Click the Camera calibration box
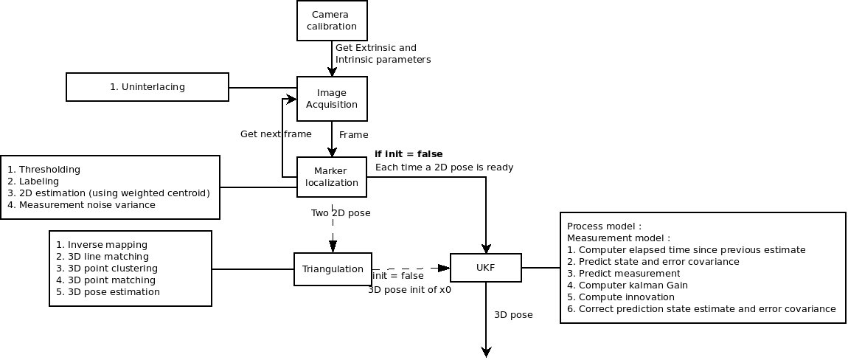(332, 21)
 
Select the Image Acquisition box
(332, 99)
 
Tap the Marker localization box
(332, 177)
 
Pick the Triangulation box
(333, 269)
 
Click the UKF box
(486, 268)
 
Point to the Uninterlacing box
(147, 87)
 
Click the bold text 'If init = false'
(409, 154)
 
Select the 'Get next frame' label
(276, 134)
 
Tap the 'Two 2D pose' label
(341, 213)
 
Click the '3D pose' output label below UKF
(513, 315)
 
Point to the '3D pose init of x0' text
(409, 290)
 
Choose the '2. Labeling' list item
(33, 181)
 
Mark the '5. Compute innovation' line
(621, 297)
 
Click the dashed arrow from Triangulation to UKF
(411, 269)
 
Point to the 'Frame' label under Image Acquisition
(353, 135)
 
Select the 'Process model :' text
(604, 226)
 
